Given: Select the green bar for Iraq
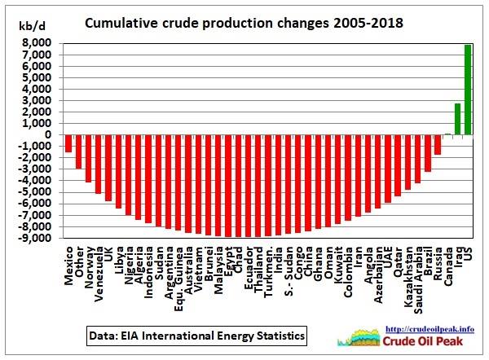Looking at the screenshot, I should pos(457,119).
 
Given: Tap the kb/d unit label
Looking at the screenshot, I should pos(32,27).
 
